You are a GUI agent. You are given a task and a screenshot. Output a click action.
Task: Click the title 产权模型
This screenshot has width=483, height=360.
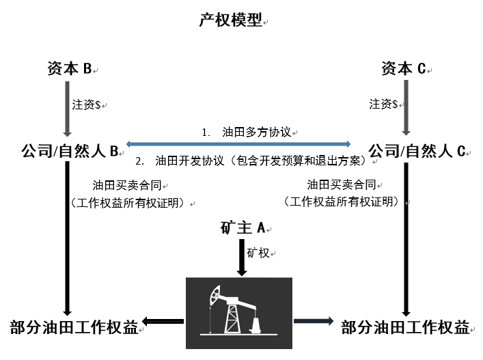(x=231, y=20)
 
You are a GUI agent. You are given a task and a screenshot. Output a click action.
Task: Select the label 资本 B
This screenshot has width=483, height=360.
(x=70, y=68)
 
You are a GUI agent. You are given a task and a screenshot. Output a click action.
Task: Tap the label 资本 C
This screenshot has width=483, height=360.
(x=404, y=68)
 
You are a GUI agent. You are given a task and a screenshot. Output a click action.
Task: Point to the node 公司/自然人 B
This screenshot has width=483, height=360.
(x=70, y=151)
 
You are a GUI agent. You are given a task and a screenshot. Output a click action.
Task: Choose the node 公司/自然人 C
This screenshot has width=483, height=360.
(x=417, y=151)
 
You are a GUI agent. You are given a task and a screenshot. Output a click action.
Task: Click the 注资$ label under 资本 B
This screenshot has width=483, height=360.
(x=86, y=105)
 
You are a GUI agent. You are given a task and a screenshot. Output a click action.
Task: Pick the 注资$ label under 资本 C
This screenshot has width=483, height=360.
(x=383, y=104)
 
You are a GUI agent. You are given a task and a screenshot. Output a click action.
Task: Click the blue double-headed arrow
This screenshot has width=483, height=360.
(x=238, y=144)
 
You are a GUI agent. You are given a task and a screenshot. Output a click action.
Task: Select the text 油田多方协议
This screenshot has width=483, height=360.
(x=257, y=132)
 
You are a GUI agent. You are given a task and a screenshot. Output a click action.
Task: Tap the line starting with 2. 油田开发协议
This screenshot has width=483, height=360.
(x=251, y=161)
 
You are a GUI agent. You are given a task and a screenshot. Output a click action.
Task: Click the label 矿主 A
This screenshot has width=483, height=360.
(x=243, y=228)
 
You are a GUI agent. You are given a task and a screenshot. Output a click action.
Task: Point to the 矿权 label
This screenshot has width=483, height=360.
(x=258, y=253)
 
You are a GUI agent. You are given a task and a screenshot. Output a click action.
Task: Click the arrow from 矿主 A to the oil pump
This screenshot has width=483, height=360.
(x=242, y=258)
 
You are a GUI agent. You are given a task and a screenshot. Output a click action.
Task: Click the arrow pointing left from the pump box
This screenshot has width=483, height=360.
(x=163, y=321)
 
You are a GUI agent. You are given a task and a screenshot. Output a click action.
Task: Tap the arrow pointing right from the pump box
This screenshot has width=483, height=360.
(x=314, y=321)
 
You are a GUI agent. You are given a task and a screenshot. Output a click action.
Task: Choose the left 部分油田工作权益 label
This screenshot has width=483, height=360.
(x=74, y=327)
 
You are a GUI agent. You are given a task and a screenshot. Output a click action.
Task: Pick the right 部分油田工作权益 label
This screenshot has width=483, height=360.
(x=405, y=327)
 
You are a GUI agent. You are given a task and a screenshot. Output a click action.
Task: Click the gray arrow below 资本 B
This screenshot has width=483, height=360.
(x=67, y=109)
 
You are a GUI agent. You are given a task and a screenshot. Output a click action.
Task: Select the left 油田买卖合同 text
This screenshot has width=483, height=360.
(x=127, y=185)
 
